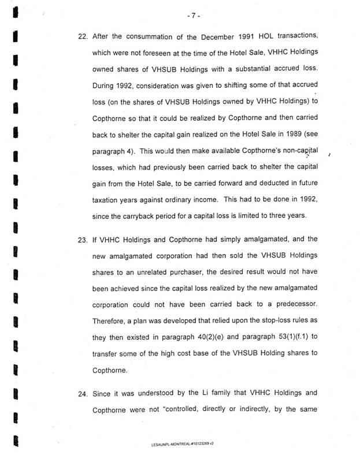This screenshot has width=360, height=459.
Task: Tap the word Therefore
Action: coord(111,320)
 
